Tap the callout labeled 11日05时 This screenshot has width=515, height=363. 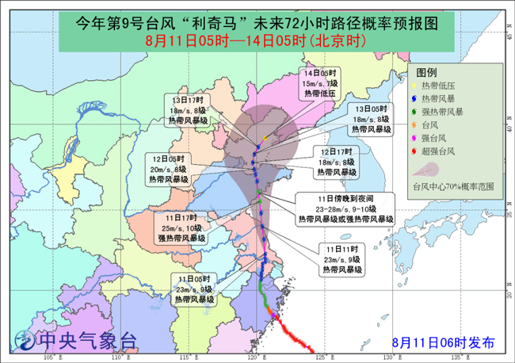pyautogui.click(x=193, y=290)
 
